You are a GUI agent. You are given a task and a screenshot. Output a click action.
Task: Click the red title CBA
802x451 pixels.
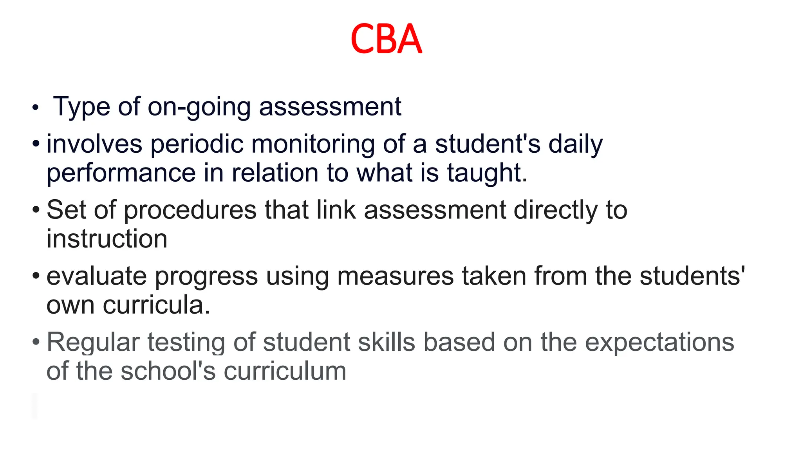[x=386, y=39]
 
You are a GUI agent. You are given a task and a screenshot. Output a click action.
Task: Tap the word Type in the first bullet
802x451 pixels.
[x=81, y=106]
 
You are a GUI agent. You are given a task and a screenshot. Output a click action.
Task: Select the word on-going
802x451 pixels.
[x=199, y=106]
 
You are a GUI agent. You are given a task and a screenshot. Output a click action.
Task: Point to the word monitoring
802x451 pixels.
[x=313, y=144]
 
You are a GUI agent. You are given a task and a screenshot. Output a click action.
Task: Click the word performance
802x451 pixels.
[x=121, y=173]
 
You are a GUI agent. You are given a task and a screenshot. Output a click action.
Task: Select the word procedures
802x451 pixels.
[x=190, y=210]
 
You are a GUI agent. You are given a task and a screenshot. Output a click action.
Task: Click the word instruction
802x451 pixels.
[x=107, y=239]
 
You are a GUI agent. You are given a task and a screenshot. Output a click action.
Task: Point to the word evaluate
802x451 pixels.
[x=97, y=276]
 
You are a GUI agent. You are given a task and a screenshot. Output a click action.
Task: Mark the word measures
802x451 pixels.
[x=395, y=276]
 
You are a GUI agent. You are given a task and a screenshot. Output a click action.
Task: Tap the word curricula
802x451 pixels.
[x=156, y=305]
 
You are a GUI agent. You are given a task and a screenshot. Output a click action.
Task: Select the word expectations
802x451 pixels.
[x=659, y=342]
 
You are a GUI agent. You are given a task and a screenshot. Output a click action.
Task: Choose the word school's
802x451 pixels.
[x=168, y=371]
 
